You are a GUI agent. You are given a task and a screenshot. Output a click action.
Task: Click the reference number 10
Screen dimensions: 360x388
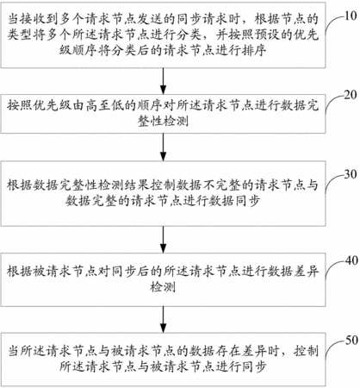[351, 16]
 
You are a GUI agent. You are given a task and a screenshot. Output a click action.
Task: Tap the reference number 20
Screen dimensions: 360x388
[351, 95]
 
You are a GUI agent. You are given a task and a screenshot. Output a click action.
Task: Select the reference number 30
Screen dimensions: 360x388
[351, 174]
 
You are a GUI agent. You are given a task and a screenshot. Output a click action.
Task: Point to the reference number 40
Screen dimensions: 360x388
[351, 260]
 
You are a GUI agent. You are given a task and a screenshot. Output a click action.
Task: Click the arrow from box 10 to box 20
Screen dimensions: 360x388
[163, 81]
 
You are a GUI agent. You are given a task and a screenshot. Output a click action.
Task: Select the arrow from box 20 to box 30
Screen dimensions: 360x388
[163, 147]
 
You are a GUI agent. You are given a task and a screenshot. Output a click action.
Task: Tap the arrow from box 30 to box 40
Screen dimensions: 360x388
[163, 240]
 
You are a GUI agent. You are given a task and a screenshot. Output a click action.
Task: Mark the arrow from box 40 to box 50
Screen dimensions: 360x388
[163, 320]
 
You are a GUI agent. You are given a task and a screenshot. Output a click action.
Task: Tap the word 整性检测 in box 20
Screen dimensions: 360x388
[163, 121]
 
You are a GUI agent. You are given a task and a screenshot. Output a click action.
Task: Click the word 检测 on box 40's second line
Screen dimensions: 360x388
[163, 287]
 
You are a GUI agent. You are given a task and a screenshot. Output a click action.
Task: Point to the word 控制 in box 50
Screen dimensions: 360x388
[306, 351]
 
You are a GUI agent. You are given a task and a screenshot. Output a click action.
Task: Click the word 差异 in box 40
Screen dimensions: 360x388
[306, 272]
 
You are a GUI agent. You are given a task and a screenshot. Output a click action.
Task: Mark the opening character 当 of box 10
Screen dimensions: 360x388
[13, 20]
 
